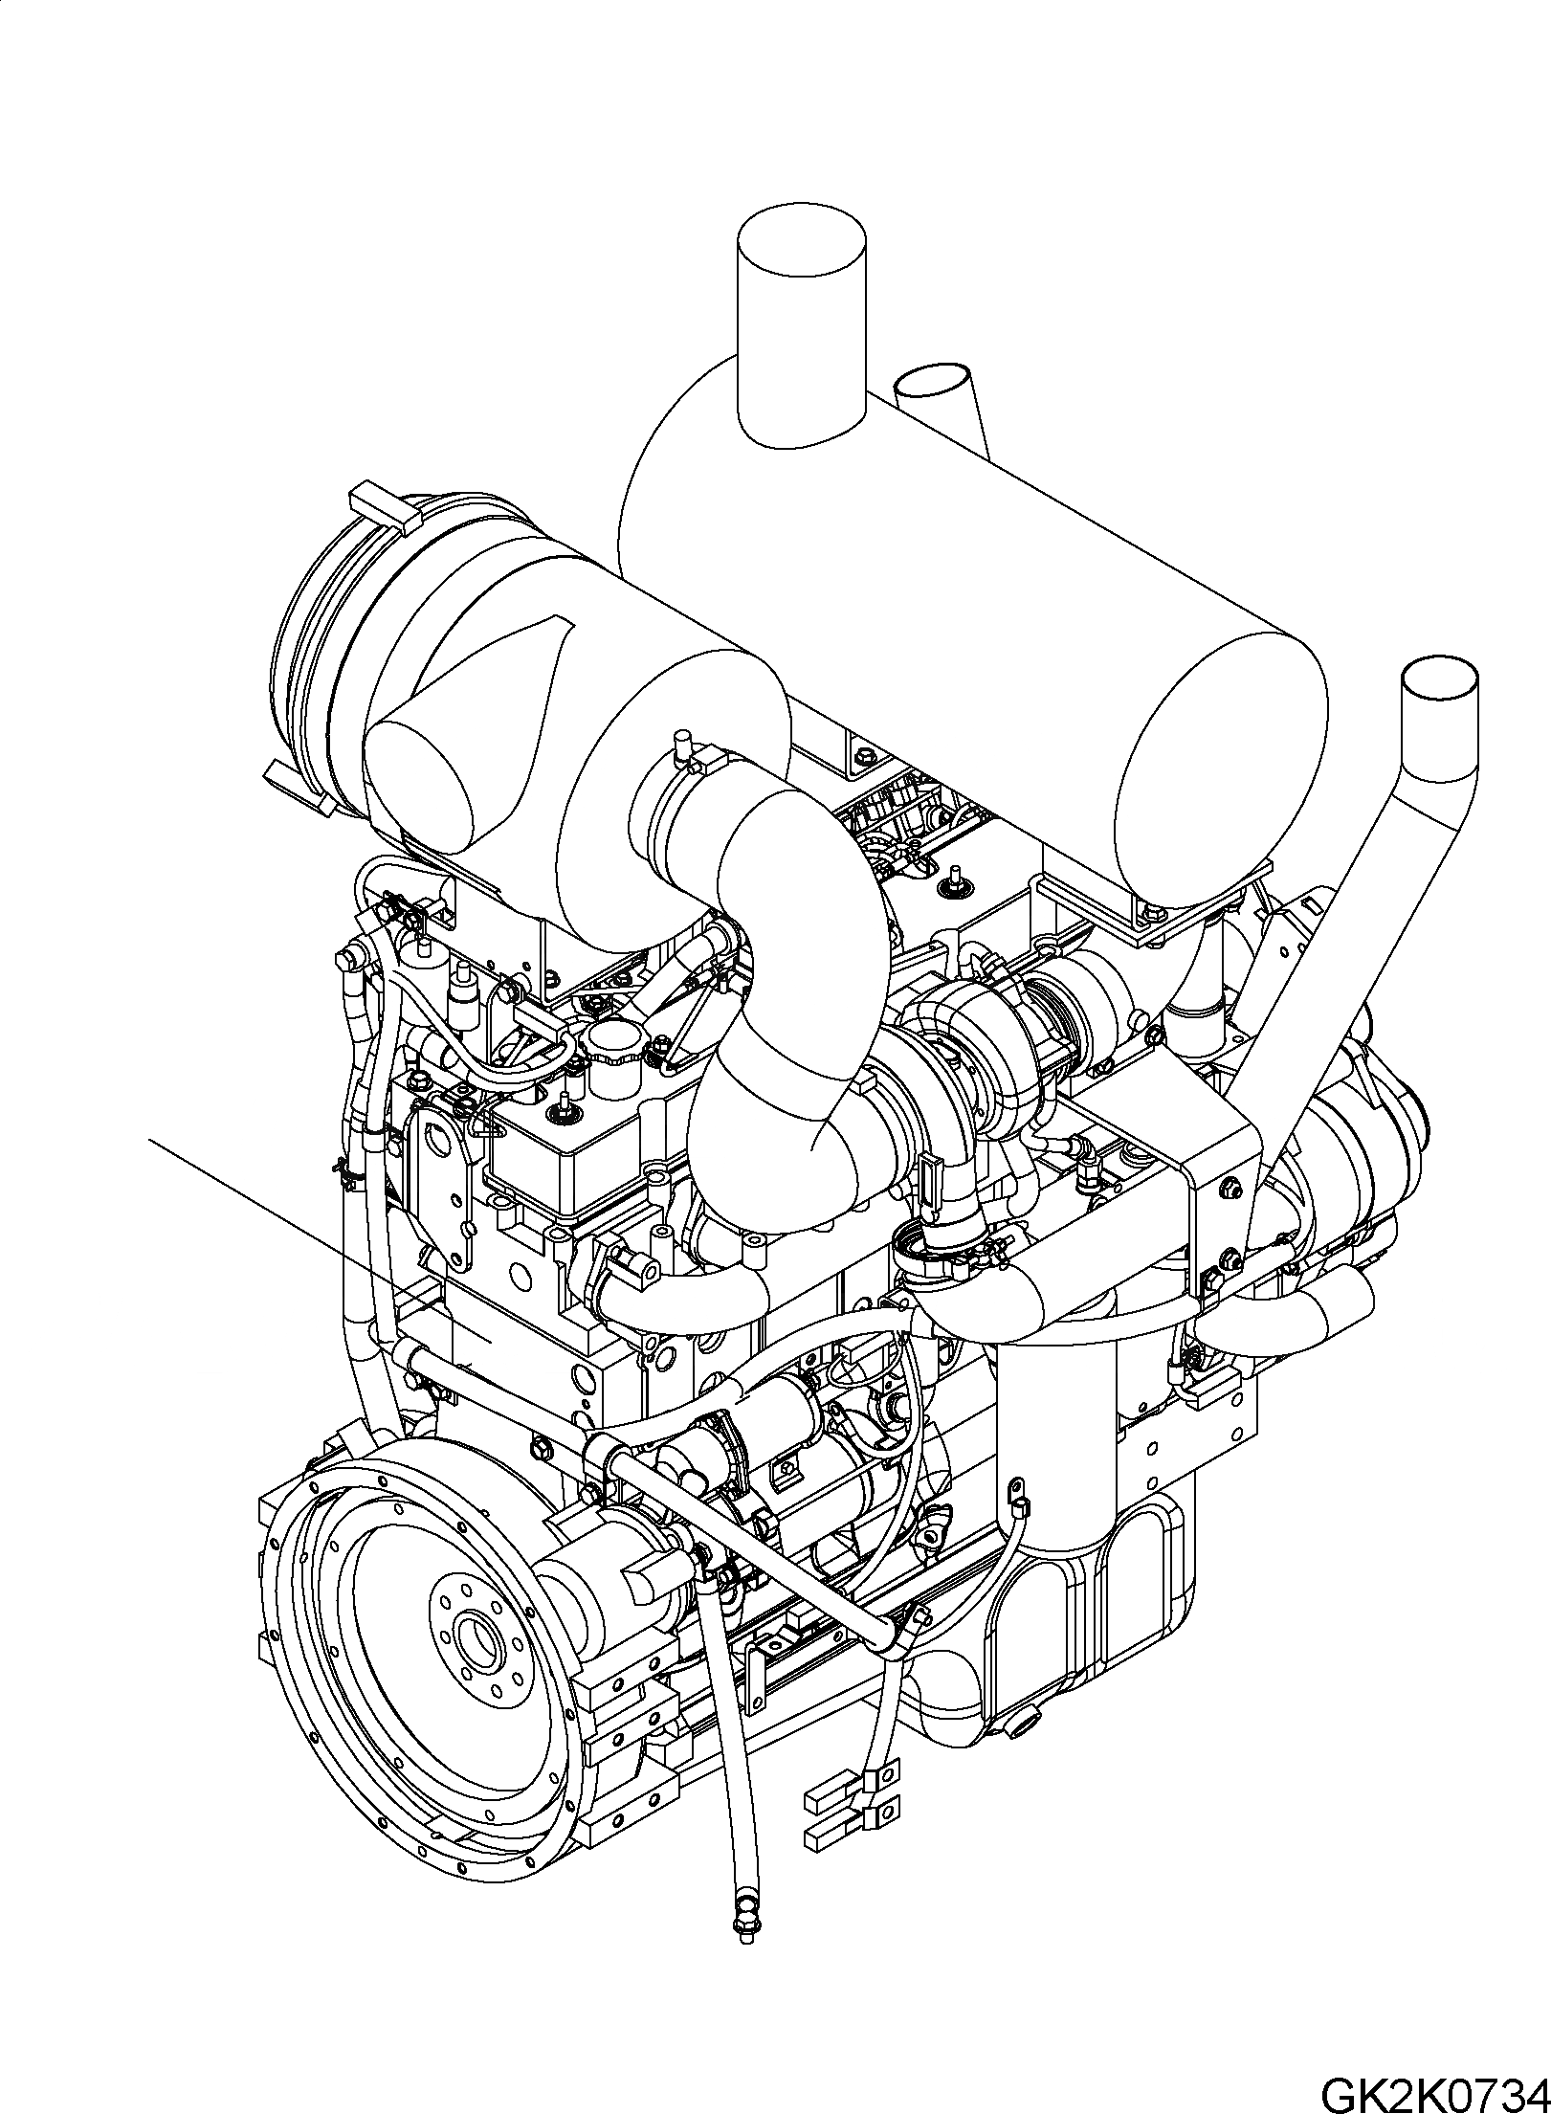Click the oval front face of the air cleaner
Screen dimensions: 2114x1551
click(421, 774)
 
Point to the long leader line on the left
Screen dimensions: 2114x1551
click(287, 1215)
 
